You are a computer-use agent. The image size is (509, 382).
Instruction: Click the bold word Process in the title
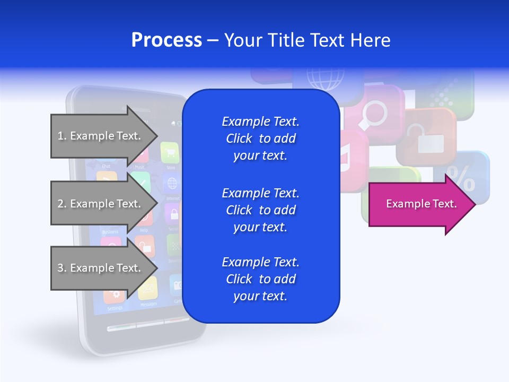(166, 40)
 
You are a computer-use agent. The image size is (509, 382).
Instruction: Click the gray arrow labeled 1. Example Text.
(101, 136)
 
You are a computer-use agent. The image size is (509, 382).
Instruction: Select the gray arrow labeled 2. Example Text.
(101, 204)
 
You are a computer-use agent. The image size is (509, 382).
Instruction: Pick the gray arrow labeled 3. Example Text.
(101, 268)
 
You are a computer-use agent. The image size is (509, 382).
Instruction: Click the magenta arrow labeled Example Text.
(419, 204)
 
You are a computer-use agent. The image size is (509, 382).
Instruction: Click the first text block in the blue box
(260, 138)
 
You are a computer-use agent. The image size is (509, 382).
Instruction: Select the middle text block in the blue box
(260, 210)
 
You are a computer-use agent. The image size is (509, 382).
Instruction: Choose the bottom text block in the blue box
(260, 279)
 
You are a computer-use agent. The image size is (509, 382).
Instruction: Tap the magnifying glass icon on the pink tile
(374, 114)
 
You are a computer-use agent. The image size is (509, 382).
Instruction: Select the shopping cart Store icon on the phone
(170, 153)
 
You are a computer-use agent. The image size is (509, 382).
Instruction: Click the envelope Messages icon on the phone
(148, 289)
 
